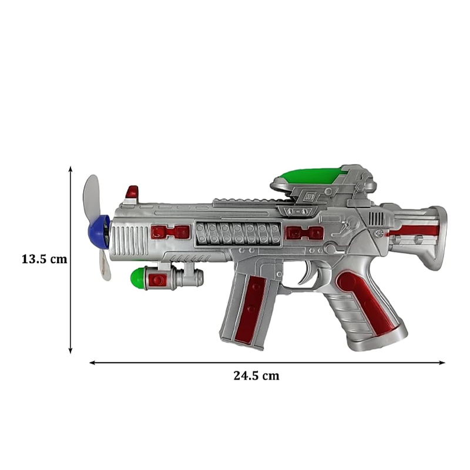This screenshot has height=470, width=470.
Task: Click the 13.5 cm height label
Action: pos(45,259)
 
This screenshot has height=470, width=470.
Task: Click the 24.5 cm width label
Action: pos(256,375)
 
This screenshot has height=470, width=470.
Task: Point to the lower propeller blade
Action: pos(105,264)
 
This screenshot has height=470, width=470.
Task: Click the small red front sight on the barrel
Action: pos(132,192)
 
